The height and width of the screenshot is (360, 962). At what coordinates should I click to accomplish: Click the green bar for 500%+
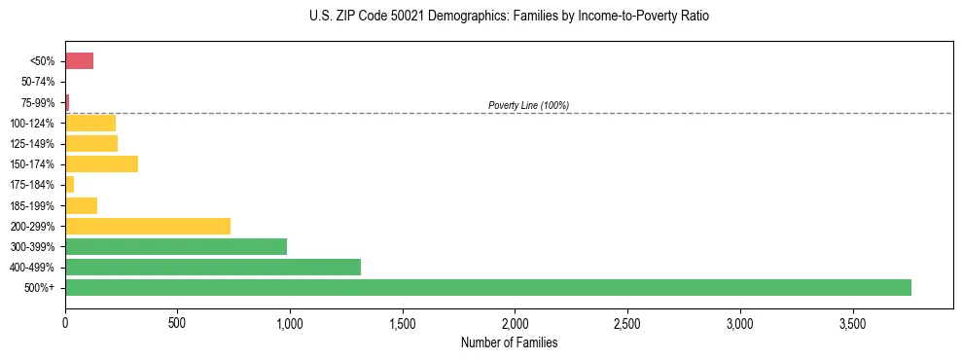(x=487, y=287)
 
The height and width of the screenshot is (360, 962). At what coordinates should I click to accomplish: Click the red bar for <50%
(x=79, y=61)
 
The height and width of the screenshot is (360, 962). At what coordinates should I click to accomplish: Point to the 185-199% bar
(x=81, y=205)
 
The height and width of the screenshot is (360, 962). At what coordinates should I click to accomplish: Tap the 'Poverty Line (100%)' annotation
(x=528, y=105)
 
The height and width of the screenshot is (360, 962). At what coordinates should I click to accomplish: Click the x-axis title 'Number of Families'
(x=509, y=342)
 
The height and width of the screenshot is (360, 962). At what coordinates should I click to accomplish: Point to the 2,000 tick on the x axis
(x=515, y=322)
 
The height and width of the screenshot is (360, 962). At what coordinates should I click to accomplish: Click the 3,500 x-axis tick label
(x=852, y=322)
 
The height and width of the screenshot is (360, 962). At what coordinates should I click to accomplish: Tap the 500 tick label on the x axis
(x=177, y=322)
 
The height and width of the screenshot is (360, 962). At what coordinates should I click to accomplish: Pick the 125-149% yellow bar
(x=91, y=143)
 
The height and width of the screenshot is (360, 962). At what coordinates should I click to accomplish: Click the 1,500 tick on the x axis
(x=402, y=322)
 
